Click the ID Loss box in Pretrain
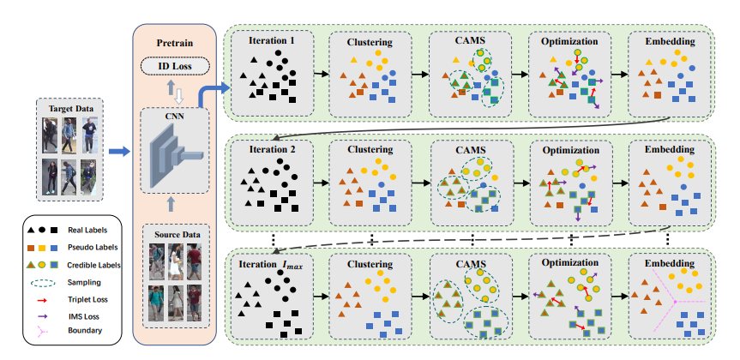tap(173, 65)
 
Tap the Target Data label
tap(71, 108)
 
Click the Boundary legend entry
tap(86, 330)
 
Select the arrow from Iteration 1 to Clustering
tap(320, 74)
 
